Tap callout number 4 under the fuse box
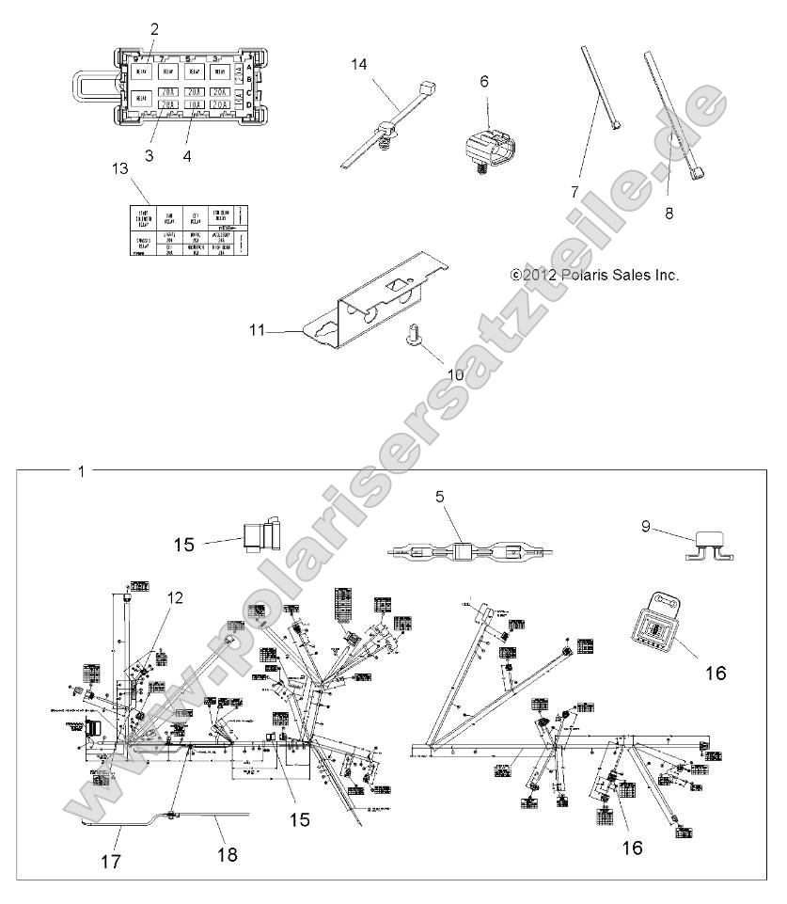click(187, 155)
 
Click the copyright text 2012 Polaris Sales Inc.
click(594, 276)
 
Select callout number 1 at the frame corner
click(81, 471)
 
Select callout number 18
click(227, 855)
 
